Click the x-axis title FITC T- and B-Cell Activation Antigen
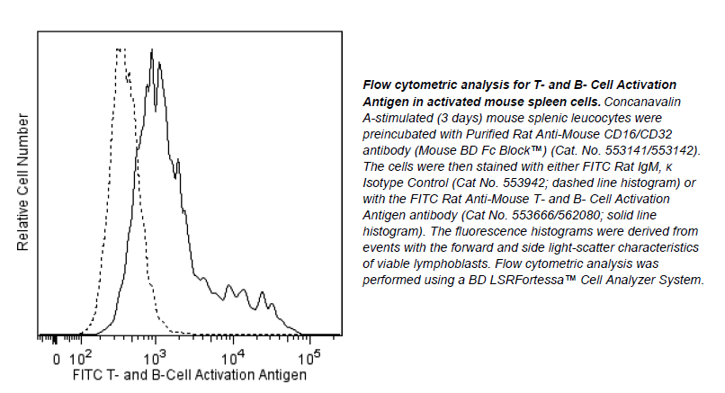point(189,374)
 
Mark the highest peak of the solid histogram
point(154,50)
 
